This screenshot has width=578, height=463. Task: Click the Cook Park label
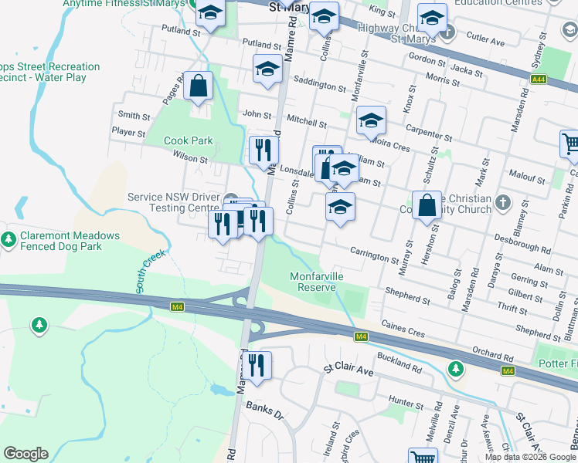point(188,141)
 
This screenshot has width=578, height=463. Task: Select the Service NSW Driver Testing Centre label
point(174,202)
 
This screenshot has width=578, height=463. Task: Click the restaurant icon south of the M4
point(257,366)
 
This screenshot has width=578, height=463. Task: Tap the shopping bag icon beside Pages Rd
point(199,87)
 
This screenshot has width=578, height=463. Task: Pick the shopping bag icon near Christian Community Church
point(427,206)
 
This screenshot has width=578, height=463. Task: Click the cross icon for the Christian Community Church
point(503,202)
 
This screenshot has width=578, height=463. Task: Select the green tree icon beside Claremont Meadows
point(8,241)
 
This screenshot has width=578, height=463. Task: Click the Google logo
point(25,454)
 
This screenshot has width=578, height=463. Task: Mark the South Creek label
point(151,271)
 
